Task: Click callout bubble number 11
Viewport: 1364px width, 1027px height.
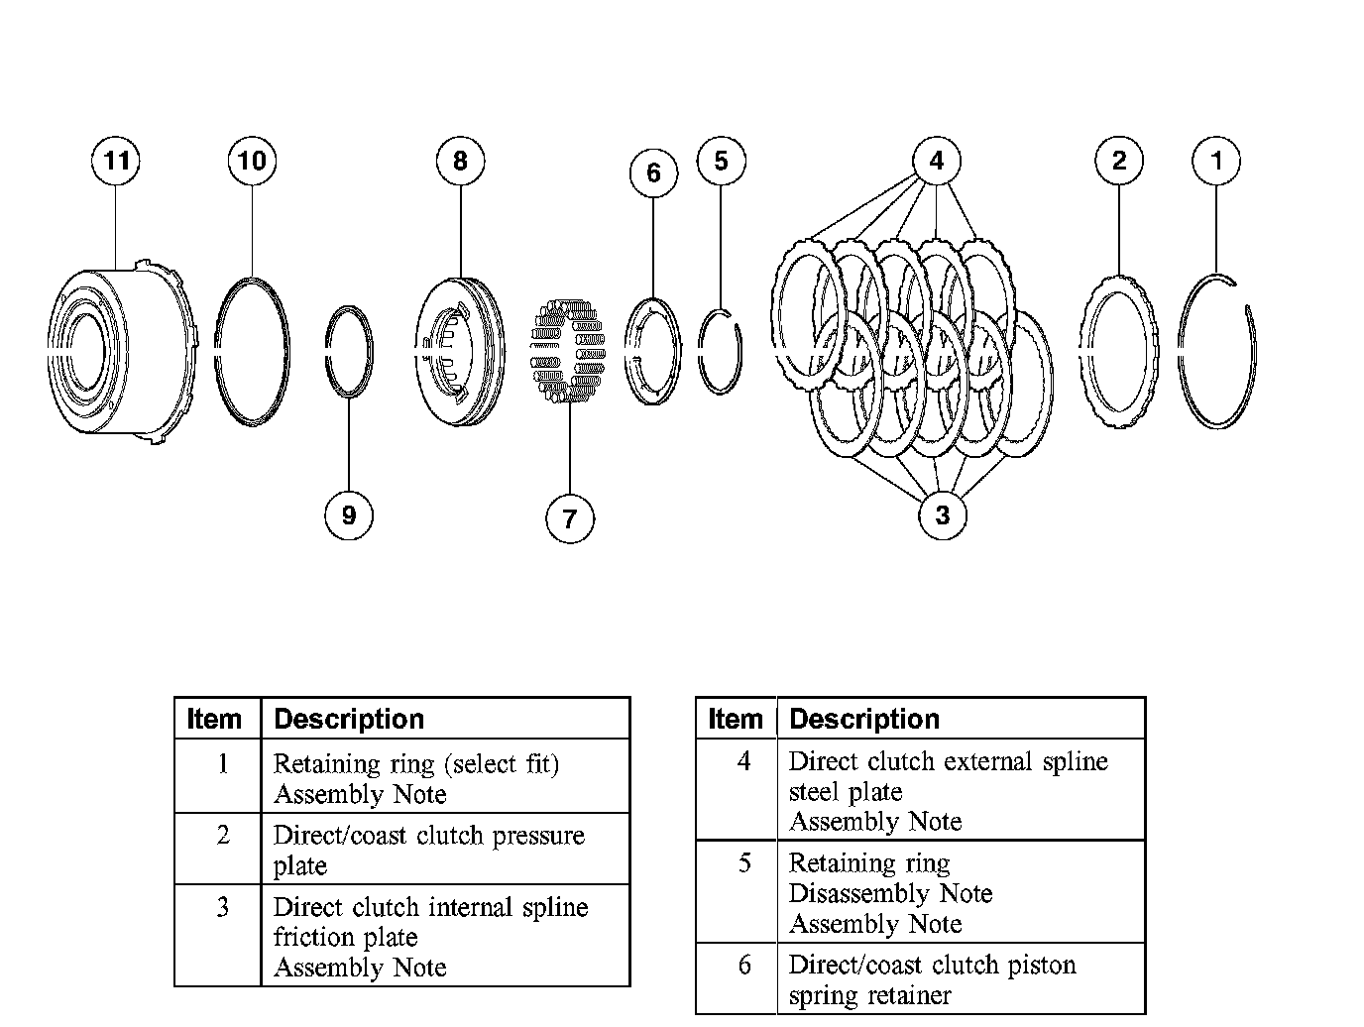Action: [x=116, y=161]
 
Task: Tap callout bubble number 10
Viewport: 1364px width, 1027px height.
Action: [x=252, y=161]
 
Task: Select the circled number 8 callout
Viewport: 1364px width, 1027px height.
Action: [x=460, y=161]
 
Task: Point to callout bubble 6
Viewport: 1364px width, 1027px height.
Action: [x=653, y=172]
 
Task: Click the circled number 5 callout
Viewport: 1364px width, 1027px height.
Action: [x=721, y=161]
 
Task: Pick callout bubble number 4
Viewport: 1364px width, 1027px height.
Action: [x=937, y=161]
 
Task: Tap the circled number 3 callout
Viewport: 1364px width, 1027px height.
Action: [x=942, y=515]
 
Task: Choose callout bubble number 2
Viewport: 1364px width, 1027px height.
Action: [x=1119, y=161]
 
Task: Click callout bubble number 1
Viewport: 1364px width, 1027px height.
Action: [x=1217, y=161]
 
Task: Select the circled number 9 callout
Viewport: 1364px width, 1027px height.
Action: [x=349, y=515]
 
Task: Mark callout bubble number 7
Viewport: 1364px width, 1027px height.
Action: [x=569, y=518]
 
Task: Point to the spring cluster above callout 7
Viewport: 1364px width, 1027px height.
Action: [x=569, y=351]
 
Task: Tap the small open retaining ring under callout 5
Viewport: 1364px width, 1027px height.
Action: [x=720, y=351]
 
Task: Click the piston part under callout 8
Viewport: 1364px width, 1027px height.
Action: [x=460, y=352]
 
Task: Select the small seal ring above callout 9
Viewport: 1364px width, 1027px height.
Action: [x=350, y=352]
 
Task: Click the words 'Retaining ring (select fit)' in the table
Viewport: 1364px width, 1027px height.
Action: [x=416, y=764]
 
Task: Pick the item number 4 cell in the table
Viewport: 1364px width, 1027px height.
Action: [x=743, y=761]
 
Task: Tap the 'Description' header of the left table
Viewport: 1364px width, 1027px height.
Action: [x=349, y=719]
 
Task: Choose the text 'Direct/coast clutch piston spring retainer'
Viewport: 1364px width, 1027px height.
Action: [x=932, y=979]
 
